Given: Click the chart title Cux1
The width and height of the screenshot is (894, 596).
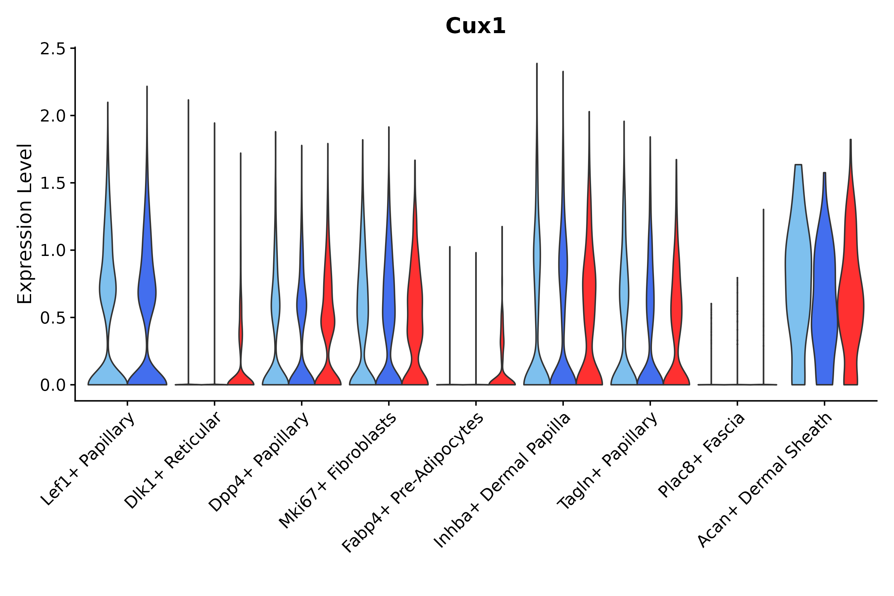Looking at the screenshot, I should tap(475, 26).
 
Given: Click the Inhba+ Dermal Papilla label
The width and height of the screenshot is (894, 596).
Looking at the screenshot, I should tap(503, 480).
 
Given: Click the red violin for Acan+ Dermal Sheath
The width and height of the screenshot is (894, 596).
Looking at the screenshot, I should tap(851, 304).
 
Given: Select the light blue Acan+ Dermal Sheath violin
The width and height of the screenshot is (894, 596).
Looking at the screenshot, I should tap(798, 285).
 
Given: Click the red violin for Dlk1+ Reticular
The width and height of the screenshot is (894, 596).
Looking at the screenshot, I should tap(241, 376).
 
